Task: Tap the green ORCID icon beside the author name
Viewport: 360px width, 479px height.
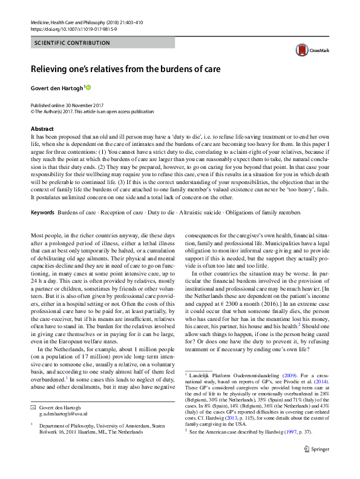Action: click(88, 88)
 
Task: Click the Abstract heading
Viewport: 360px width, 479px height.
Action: click(42, 129)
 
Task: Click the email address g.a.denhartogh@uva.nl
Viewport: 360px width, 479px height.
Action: click(63, 414)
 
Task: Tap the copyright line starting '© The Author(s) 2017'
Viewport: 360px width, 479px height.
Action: click(89, 111)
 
